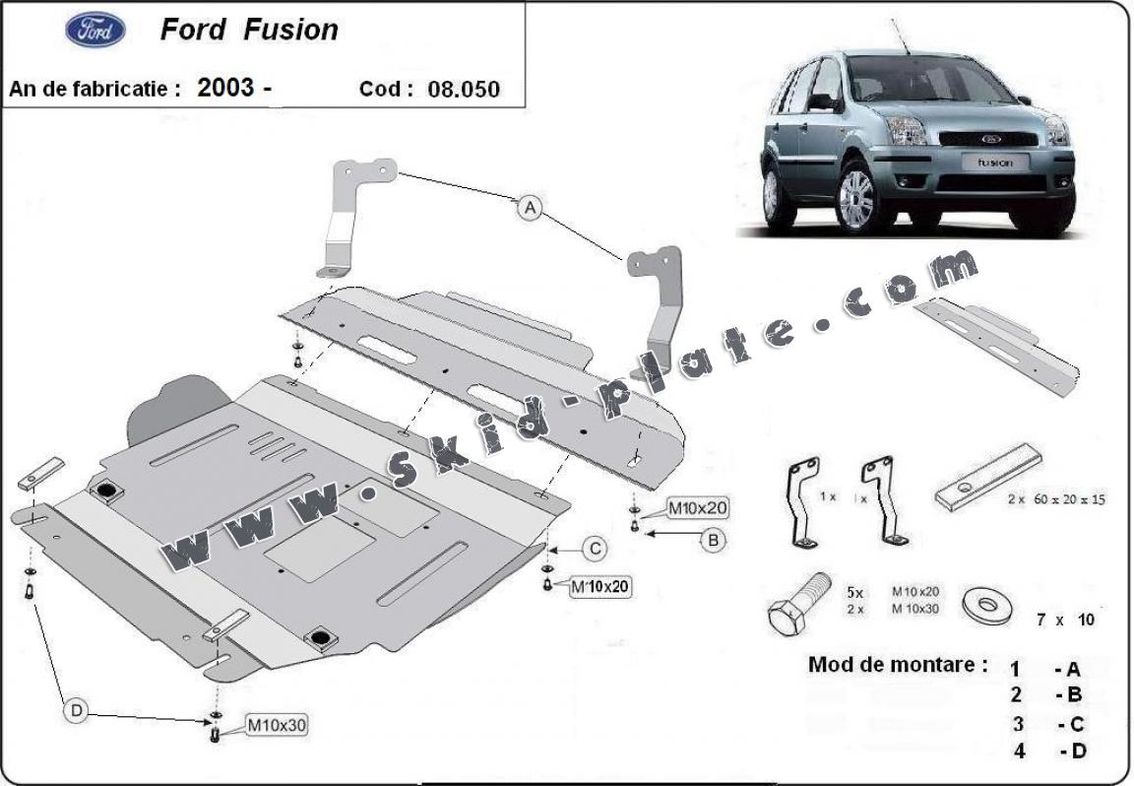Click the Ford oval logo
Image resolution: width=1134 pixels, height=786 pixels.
point(95,31)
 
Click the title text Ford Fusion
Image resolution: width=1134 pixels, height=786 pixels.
point(248,30)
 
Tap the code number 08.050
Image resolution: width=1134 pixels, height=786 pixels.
point(464,89)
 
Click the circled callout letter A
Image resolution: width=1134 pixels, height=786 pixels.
point(531,208)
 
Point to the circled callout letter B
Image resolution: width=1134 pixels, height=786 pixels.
point(714,539)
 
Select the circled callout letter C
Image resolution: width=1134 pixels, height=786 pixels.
point(596,549)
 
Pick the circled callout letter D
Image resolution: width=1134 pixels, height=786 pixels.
point(76,708)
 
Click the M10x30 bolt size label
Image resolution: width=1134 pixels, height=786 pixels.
point(276,726)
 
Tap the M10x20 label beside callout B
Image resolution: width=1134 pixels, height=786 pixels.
point(698,509)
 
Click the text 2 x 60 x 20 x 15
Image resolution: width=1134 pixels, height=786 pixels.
point(1055,499)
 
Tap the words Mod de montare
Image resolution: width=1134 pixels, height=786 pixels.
point(897,664)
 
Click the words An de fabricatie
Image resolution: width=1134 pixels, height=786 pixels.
point(94,88)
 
